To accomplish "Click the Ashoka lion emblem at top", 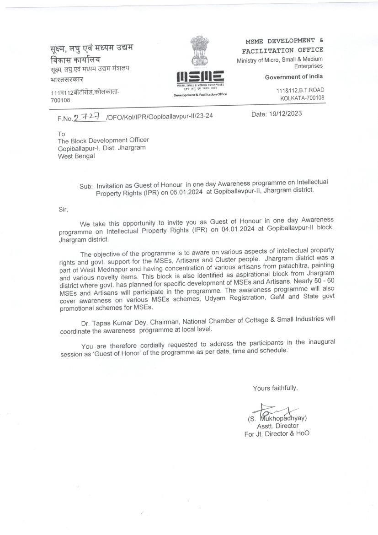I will (199, 51).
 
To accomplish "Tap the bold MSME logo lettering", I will (200, 77).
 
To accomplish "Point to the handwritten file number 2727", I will (89, 117).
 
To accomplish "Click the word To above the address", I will (62, 134).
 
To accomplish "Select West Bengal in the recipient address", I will (76, 156).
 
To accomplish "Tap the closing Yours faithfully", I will (275, 388).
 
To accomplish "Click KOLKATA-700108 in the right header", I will (302, 97).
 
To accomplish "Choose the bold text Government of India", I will (294, 77).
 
